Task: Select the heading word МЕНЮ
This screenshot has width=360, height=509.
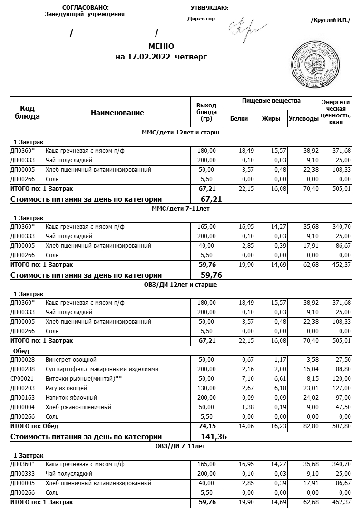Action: tap(161, 47)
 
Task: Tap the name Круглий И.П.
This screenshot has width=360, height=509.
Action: tap(330, 20)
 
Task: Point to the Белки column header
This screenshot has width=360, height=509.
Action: tap(239, 119)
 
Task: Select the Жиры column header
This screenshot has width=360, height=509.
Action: tap(271, 119)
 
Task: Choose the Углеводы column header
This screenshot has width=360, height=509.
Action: tap(303, 119)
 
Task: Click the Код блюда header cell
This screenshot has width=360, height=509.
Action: tap(28, 113)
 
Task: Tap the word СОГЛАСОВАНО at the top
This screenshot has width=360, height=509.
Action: tap(85, 8)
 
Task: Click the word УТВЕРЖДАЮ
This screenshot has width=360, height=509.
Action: tap(209, 8)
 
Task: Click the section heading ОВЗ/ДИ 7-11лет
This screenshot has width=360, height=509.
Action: tap(180, 446)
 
